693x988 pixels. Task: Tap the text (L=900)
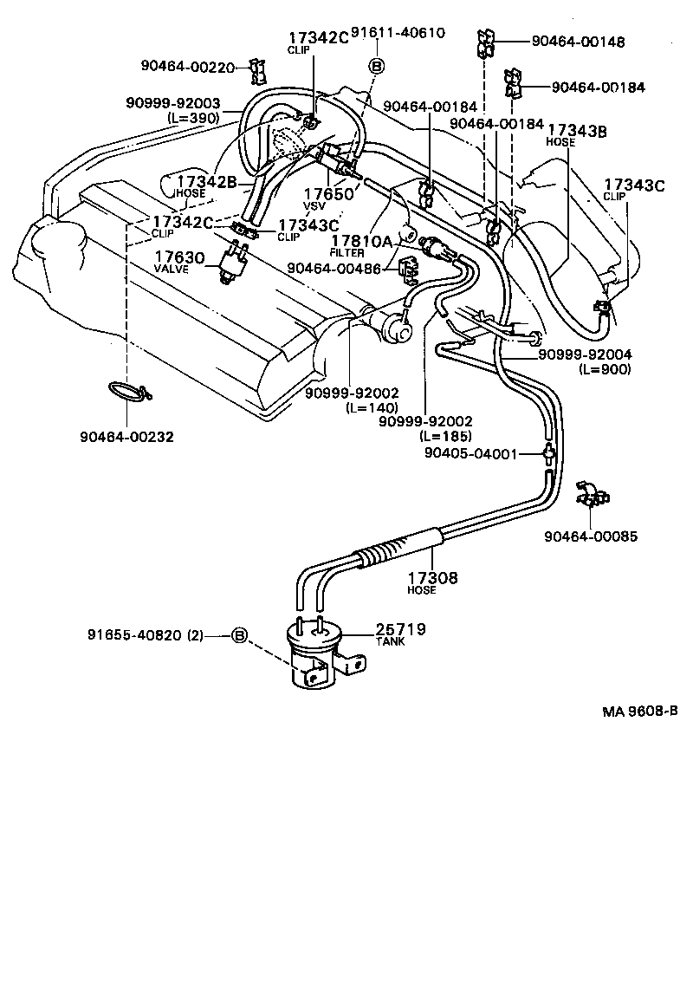(604, 369)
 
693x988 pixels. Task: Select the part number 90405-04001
(470, 453)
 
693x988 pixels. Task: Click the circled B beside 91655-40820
(239, 636)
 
